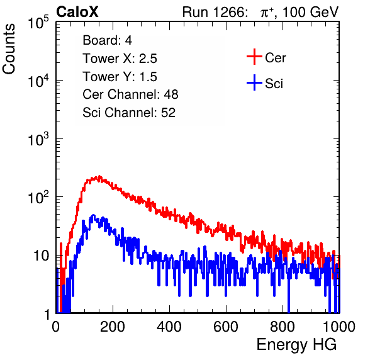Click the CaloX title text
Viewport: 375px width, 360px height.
tap(77, 12)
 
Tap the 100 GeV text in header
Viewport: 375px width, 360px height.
tap(310, 12)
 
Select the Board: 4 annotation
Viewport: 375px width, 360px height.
tap(107, 40)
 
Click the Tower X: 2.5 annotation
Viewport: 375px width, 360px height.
tap(120, 59)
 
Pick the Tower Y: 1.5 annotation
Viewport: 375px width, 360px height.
tap(120, 77)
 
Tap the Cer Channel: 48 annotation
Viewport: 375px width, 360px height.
tap(130, 94)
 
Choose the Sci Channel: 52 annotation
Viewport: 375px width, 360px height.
tap(129, 113)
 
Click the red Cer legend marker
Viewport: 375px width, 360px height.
tap(254, 57)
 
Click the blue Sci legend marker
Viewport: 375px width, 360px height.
tap(254, 82)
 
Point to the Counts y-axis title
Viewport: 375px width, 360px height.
tap(9, 49)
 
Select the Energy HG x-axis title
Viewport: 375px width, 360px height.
tap(296, 345)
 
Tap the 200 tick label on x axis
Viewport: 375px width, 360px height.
tap(113, 327)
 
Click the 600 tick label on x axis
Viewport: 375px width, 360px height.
tap(226, 327)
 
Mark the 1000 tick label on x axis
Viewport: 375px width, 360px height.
tap(339, 327)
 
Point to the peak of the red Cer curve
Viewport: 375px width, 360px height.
tap(99, 176)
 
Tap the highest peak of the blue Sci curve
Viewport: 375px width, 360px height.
tap(93, 215)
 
